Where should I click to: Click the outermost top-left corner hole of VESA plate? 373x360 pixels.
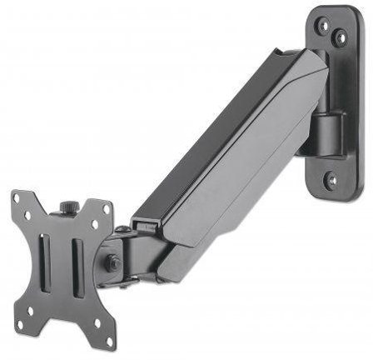pos(18,199)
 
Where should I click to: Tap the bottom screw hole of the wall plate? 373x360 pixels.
pos(331,178)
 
